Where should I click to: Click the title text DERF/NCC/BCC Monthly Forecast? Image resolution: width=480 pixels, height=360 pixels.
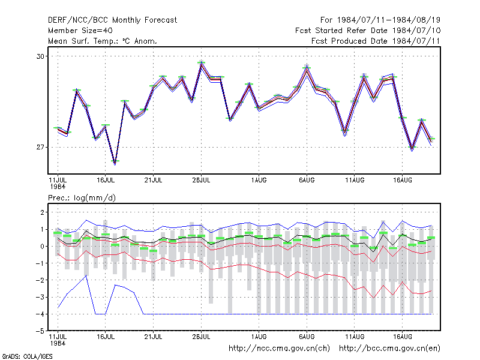coord(112,20)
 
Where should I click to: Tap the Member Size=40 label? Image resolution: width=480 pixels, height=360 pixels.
coord(80,31)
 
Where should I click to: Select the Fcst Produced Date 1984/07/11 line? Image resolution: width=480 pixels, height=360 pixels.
coord(376,41)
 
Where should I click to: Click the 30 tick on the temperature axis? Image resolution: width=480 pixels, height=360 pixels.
coord(40,56)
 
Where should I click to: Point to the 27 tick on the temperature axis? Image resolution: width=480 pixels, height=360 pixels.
coord(40,147)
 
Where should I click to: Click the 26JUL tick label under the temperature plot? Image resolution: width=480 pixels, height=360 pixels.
coord(201,180)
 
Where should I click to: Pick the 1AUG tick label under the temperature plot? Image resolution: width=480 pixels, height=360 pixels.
coord(259,180)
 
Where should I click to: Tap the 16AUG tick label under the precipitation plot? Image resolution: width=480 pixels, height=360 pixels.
coord(403,337)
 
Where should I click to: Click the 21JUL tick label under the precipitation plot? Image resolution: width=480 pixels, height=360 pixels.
coord(154,337)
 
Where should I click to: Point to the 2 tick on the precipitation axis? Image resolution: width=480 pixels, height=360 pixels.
coord(42,212)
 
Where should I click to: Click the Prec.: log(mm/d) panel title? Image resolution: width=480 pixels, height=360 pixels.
coord(82,198)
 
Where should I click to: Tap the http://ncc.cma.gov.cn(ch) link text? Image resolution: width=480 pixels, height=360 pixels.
coord(279,349)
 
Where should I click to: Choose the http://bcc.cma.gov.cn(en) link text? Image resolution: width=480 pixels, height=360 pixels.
coord(389,349)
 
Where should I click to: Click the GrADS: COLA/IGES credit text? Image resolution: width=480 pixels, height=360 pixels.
coord(27,356)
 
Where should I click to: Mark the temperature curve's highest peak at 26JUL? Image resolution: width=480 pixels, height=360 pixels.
coord(201,64)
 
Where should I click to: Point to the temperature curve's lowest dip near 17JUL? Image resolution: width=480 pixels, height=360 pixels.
coord(115,163)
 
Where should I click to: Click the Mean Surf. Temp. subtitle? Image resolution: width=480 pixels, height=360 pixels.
coord(102,41)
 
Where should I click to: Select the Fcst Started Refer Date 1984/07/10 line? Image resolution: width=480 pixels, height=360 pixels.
coord(368,31)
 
